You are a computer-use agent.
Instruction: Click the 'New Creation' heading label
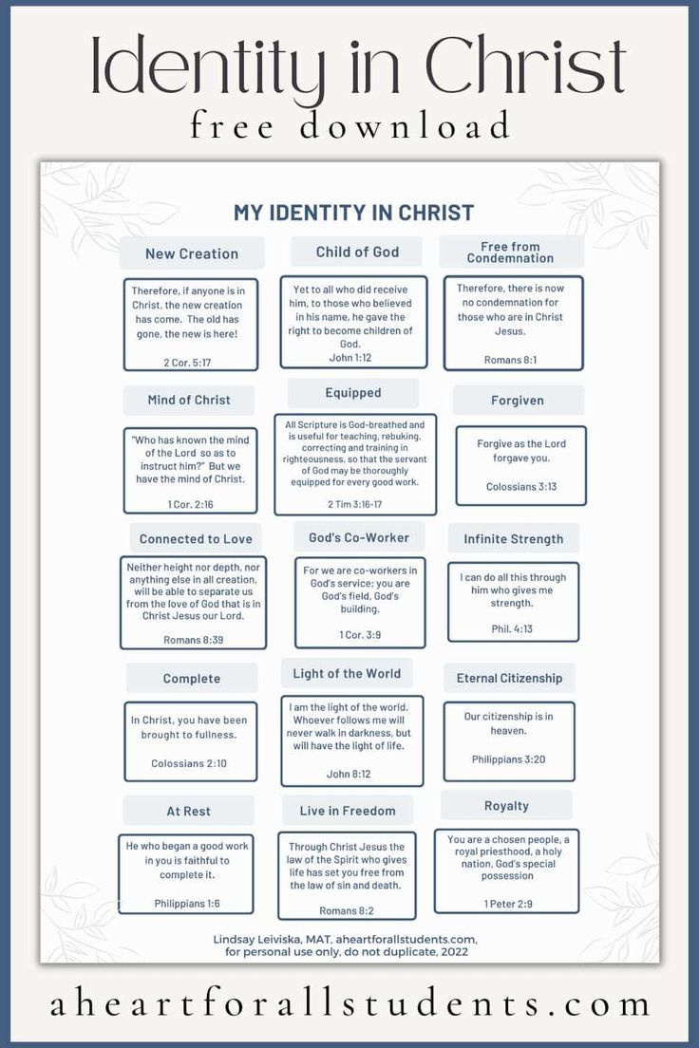pyautogui.click(x=192, y=254)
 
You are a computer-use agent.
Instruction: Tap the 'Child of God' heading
pyautogui.click(x=357, y=252)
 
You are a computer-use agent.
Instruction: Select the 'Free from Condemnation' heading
pyautogui.click(x=510, y=252)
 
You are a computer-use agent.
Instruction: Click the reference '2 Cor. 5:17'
pyautogui.click(x=187, y=363)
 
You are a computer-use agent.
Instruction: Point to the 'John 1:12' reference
pyautogui.click(x=349, y=358)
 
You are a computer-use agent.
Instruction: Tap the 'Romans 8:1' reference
pyautogui.click(x=510, y=360)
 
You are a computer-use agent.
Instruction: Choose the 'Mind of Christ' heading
pyautogui.click(x=189, y=400)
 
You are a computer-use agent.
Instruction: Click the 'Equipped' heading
pyautogui.click(x=353, y=392)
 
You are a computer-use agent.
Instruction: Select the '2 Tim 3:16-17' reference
pyautogui.click(x=354, y=504)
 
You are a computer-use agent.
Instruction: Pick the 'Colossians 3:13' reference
pyautogui.click(x=521, y=487)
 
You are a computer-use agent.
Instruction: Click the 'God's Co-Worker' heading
pyautogui.click(x=359, y=537)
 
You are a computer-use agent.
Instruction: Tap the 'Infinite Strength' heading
pyautogui.click(x=514, y=539)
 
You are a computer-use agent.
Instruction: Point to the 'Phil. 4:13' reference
pyautogui.click(x=512, y=629)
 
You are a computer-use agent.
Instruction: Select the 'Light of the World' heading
pyautogui.click(x=347, y=674)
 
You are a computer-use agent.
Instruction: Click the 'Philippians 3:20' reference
pyautogui.click(x=508, y=759)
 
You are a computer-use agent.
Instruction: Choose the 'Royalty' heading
pyautogui.click(x=506, y=806)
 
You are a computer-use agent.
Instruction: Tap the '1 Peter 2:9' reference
pyautogui.click(x=508, y=904)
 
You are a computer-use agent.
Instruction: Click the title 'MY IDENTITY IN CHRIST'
pyautogui.click(x=354, y=213)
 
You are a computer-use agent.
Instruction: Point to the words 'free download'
pyautogui.click(x=349, y=126)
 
